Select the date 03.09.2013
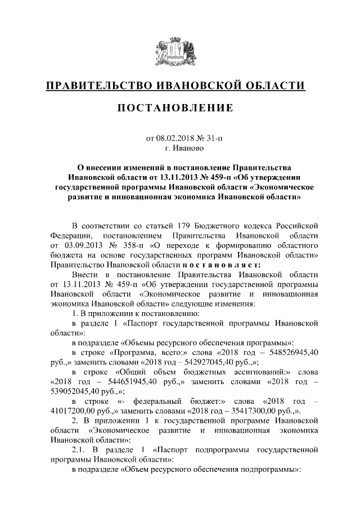80,246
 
